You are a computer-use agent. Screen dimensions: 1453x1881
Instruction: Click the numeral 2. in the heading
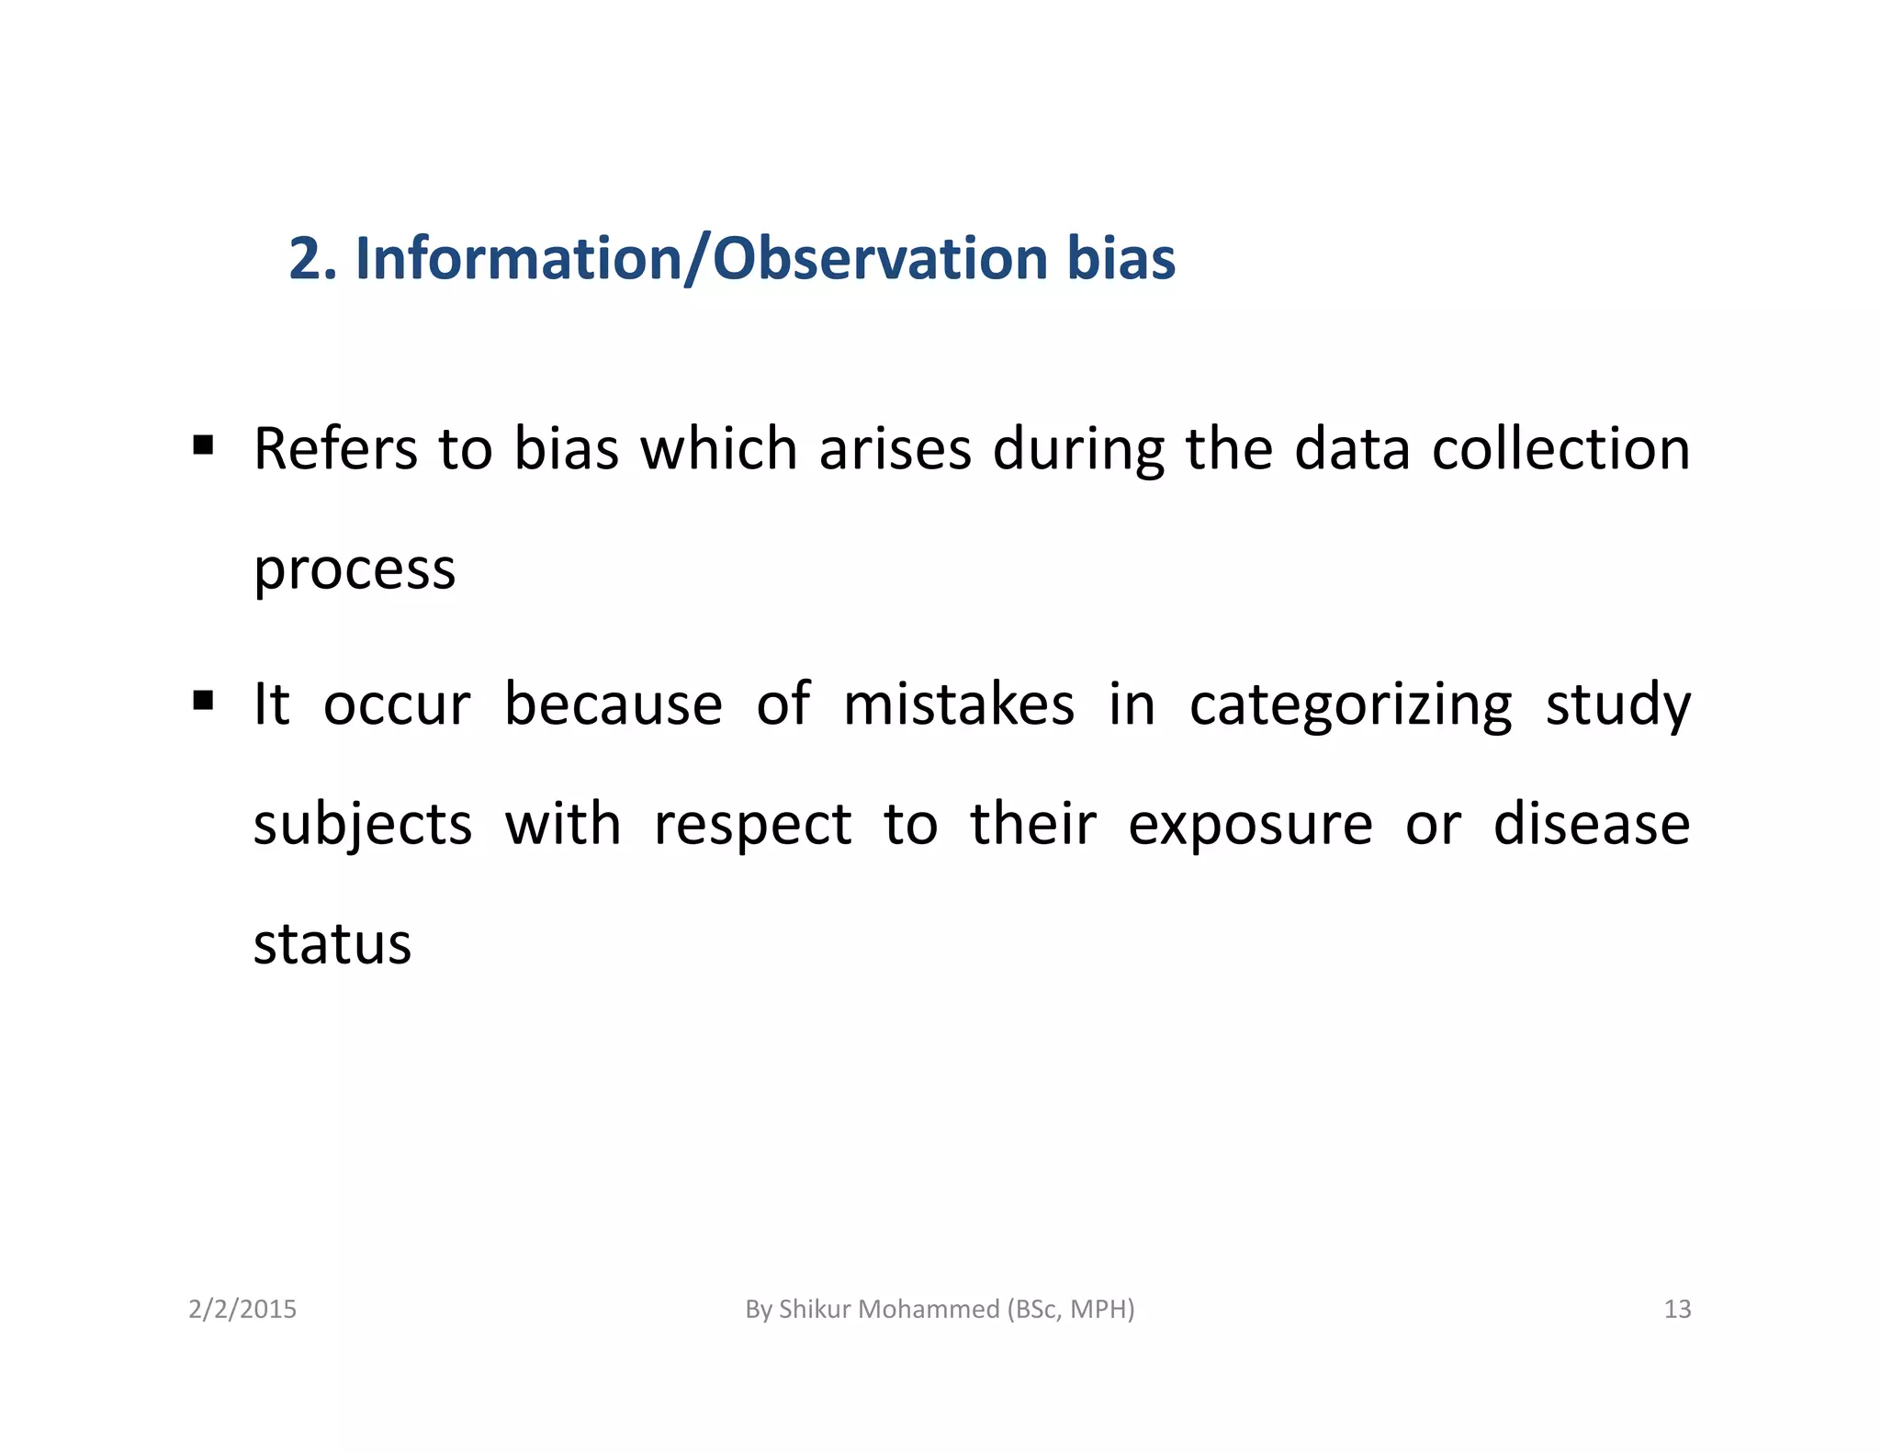point(313,259)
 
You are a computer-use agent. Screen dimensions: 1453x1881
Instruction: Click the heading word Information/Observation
point(701,259)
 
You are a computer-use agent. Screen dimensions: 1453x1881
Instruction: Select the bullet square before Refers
point(203,446)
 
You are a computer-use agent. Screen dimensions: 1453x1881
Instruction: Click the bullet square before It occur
point(203,702)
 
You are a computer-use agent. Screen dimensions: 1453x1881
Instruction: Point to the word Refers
point(335,450)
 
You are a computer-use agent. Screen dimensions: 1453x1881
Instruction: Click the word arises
point(895,450)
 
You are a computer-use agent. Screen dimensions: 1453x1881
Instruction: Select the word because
point(614,705)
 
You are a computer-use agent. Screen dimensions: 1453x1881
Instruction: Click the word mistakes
point(959,705)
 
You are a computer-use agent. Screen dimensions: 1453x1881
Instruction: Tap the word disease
point(1591,825)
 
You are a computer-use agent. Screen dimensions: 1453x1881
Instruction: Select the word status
point(332,944)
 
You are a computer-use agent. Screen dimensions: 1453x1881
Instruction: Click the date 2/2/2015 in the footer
point(242,1309)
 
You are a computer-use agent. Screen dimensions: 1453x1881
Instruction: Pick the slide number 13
point(1677,1309)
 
